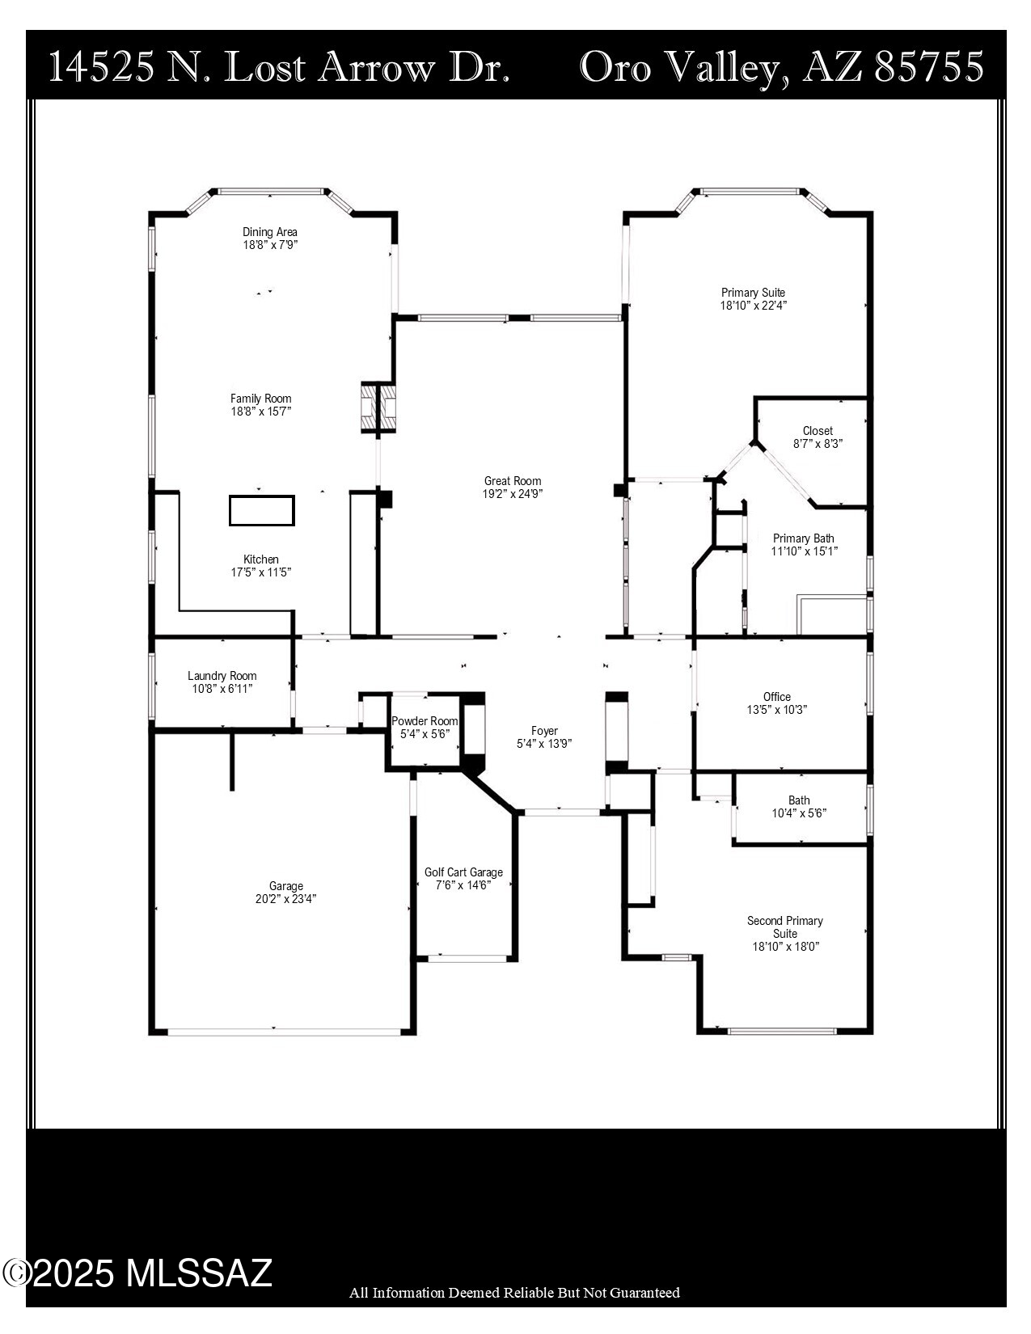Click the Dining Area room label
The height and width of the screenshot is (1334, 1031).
pyautogui.click(x=270, y=232)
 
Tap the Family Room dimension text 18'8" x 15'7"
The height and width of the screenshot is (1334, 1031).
pyautogui.click(x=260, y=412)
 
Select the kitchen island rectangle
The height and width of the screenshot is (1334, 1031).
pyautogui.click(x=261, y=511)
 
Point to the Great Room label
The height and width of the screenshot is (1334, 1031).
pyautogui.click(x=513, y=481)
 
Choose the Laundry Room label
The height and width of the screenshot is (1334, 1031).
pyautogui.click(x=222, y=676)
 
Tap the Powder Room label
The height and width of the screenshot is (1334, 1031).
pyautogui.click(x=425, y=721)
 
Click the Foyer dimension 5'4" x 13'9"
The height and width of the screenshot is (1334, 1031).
pyautogui.click(x=544, y=744)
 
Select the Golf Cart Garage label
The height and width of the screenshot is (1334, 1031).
pyautogui.click(x=463, y=872)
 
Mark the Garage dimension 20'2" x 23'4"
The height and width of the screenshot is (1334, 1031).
pyautogui.click(x=285, y=899)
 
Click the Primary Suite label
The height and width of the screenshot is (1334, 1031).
pyautogui.click(x=753, y=293)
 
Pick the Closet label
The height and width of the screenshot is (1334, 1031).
pyautogui.click(x=818, y=431)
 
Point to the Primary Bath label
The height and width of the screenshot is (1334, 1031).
pyautogui.click(x=803, y=538)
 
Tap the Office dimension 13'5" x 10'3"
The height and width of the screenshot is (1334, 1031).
pyautogui.click(x=776, y=710)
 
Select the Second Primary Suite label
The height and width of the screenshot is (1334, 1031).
pyautogui.click(x=784, y=927)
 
